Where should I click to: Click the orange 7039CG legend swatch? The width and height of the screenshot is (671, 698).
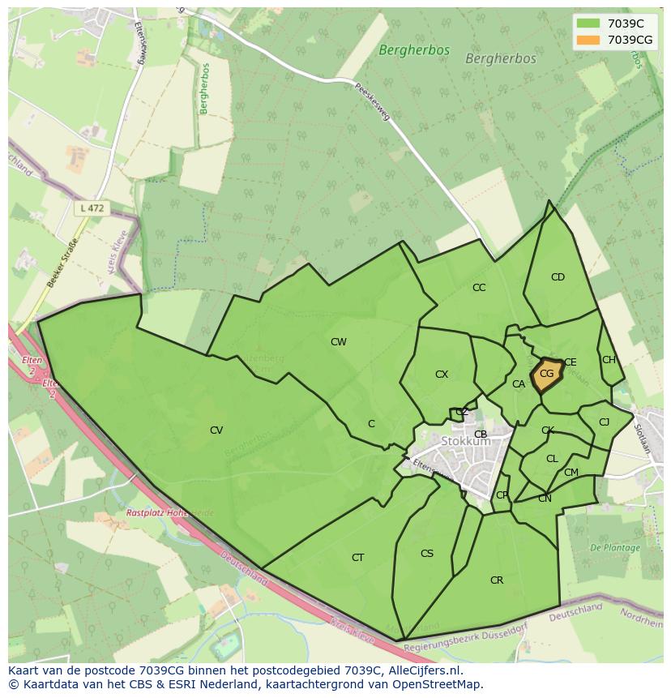click(x=588, y=40)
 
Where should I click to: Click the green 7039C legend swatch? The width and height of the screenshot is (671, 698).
click(x=588, y=24)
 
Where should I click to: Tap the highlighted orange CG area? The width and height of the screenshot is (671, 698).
click(x=546, y=375)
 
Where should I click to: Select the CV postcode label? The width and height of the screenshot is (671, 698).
click(x=216, y=430)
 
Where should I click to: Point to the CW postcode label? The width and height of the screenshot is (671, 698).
click(x=339, y=342)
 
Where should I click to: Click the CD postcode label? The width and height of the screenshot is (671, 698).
click(x=558, y=277)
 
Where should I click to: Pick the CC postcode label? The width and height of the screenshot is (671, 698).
click(x=479, y=288)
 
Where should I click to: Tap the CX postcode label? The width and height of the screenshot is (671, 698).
click(x=442, y=375)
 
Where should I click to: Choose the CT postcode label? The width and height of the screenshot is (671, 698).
click(x=357, y=558)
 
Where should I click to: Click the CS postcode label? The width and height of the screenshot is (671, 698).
click(x=427, y=554)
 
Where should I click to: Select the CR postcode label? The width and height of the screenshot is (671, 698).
click(x=497, y=580)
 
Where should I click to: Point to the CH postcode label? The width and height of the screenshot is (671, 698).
click(x=609, y=360)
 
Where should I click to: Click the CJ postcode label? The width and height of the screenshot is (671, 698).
click(x=604, y=422)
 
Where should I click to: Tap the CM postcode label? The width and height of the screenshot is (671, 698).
click(x=571, y=473)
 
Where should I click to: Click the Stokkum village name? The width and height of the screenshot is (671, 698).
click(x=466, y=442)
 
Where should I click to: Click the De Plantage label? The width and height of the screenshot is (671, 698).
click(x=615, y=548)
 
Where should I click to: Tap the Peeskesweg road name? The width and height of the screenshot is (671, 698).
click(x=372, y=102)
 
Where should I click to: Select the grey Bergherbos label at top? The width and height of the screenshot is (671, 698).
click(x=501, y=59)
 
